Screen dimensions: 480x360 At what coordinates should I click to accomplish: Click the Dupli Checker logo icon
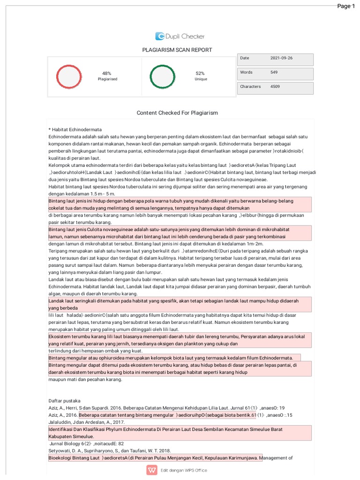point(160,36)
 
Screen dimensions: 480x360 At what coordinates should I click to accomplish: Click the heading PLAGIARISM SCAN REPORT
point(177,50)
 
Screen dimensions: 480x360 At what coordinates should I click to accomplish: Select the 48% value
point(107,73)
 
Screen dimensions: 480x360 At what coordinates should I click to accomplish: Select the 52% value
point(200,73)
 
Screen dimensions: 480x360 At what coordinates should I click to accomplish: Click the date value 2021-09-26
point(281,58)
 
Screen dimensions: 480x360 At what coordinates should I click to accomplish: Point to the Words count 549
point(274,72)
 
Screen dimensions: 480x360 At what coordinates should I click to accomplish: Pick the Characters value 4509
point(275,87)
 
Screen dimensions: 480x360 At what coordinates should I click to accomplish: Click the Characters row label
point(250,87)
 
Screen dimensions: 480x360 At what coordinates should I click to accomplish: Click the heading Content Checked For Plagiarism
point(177,113)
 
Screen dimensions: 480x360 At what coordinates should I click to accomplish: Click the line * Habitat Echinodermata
point(75,129)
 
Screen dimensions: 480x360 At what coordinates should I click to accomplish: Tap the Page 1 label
point(346,6)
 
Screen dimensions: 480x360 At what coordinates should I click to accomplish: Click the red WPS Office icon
point(152,470)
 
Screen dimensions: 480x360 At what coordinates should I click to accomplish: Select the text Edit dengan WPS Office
point(184,471)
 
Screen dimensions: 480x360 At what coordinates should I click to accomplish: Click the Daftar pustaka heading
point(65,401)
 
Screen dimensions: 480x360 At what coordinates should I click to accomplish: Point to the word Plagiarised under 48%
point(107,79)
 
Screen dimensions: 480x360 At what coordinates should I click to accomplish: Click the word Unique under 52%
point(201,79)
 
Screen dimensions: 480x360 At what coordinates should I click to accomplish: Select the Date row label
point(245,58)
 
